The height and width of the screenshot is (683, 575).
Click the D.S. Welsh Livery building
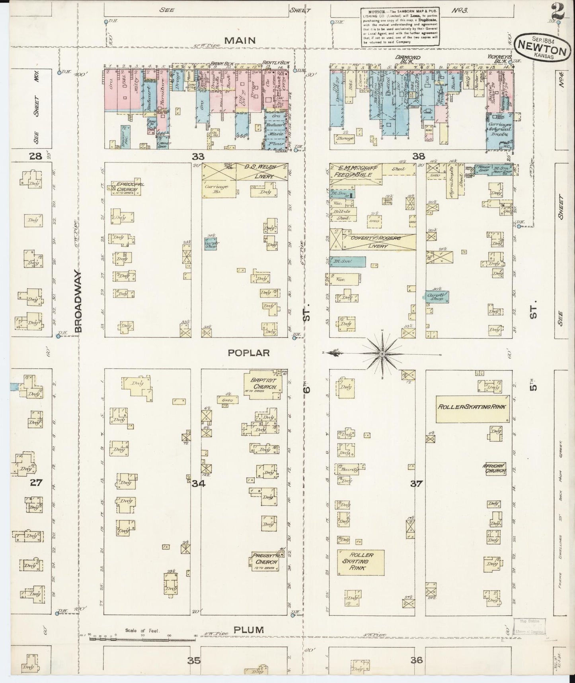[x=244, y=172]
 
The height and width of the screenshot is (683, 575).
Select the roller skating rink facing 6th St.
[x=361, y=562]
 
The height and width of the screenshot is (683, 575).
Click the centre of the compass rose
[x=382, y=353]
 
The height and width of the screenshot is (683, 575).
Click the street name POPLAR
[x=249, y=353]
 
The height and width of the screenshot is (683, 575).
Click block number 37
[x=416, y=484]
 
